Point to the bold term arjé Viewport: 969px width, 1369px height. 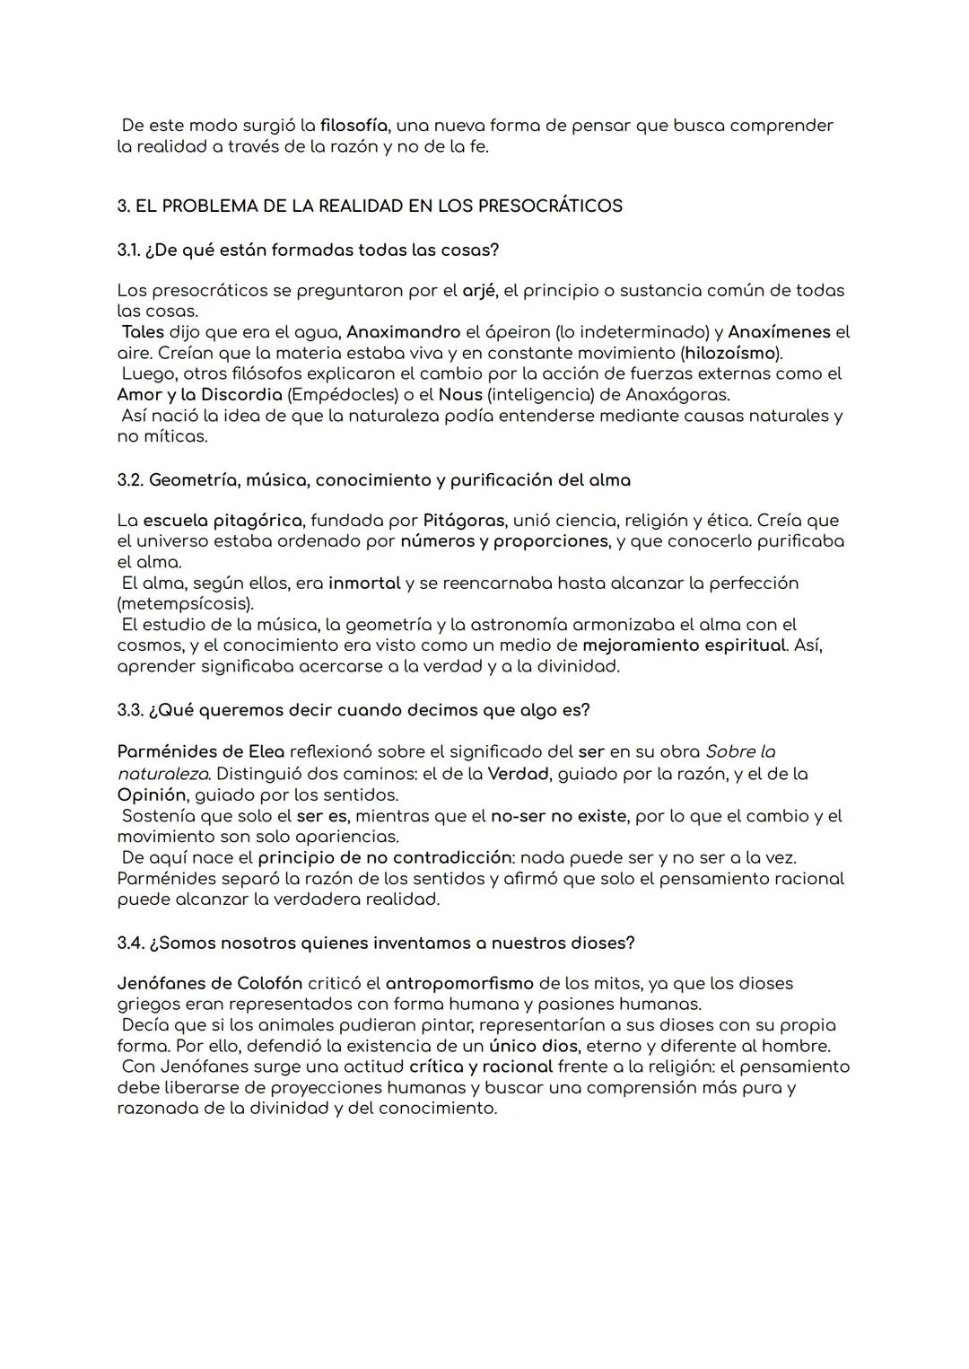[x=478, y=291]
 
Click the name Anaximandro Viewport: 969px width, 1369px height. [x=403, y=332]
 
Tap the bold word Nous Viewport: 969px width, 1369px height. [x=460, y=395]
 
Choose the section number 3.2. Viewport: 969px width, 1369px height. [x=130, y=480]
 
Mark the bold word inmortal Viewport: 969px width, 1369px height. [x=364, y=584]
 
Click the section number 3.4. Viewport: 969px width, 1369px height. [x=130, y=943]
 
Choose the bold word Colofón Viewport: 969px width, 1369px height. [x=269, y=984]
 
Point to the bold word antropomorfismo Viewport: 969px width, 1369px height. [x=459, y=984]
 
